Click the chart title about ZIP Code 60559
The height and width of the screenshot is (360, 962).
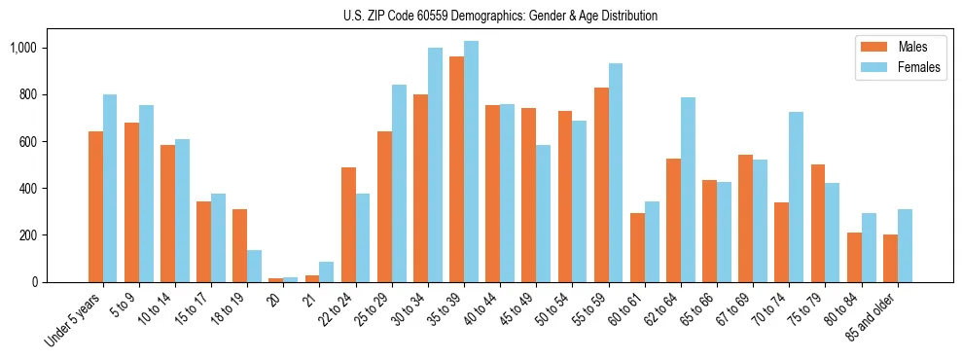point(500,16)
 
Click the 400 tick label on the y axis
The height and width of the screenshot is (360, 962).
point(25,188)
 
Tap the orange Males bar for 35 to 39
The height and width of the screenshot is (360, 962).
point(456,169)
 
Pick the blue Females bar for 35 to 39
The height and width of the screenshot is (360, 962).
point(471,162)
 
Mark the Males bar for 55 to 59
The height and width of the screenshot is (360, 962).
point(601,185)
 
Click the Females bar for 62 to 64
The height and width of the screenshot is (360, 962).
point(688,190)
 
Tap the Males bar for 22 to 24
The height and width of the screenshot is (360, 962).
point(348,225)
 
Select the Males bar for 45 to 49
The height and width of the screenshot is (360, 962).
point(528,195)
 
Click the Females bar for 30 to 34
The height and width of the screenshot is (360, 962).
point(435,164)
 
